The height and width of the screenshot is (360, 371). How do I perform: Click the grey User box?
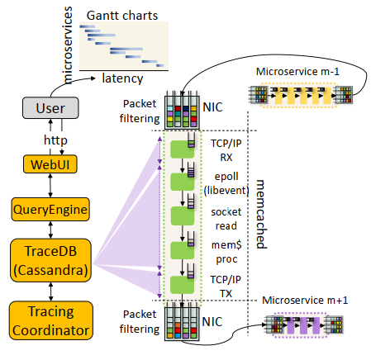(50, 108)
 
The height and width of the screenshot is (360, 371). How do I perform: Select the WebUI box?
(50, 164)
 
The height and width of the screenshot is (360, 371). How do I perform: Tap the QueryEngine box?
(50, 209)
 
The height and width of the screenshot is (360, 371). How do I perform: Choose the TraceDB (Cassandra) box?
(50, 260)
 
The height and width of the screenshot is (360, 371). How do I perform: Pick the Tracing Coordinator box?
(51, 320)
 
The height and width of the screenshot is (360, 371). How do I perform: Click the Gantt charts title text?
(122, 16)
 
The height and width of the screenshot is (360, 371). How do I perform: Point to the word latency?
(122, 78)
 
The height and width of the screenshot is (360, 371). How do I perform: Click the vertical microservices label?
(68, 45)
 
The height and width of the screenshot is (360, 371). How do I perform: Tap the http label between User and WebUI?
(55, 140)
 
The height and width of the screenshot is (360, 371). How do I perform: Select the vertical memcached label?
(260, 214)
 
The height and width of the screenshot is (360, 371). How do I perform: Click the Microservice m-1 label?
(297, 72)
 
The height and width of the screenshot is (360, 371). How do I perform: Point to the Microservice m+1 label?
(305, 300)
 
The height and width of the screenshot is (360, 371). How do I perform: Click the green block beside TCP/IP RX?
(182, 149)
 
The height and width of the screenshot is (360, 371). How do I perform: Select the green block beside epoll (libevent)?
(182, 182)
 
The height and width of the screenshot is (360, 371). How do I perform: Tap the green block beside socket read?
(182, 216)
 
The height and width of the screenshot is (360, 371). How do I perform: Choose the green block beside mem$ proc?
(182, 250)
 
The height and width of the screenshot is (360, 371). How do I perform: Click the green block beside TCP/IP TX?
(182, 285)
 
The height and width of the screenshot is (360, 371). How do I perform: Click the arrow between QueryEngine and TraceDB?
(50, 230)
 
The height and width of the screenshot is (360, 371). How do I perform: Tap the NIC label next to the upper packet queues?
(212, 107)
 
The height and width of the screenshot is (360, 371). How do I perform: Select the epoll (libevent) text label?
(226, 183)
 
